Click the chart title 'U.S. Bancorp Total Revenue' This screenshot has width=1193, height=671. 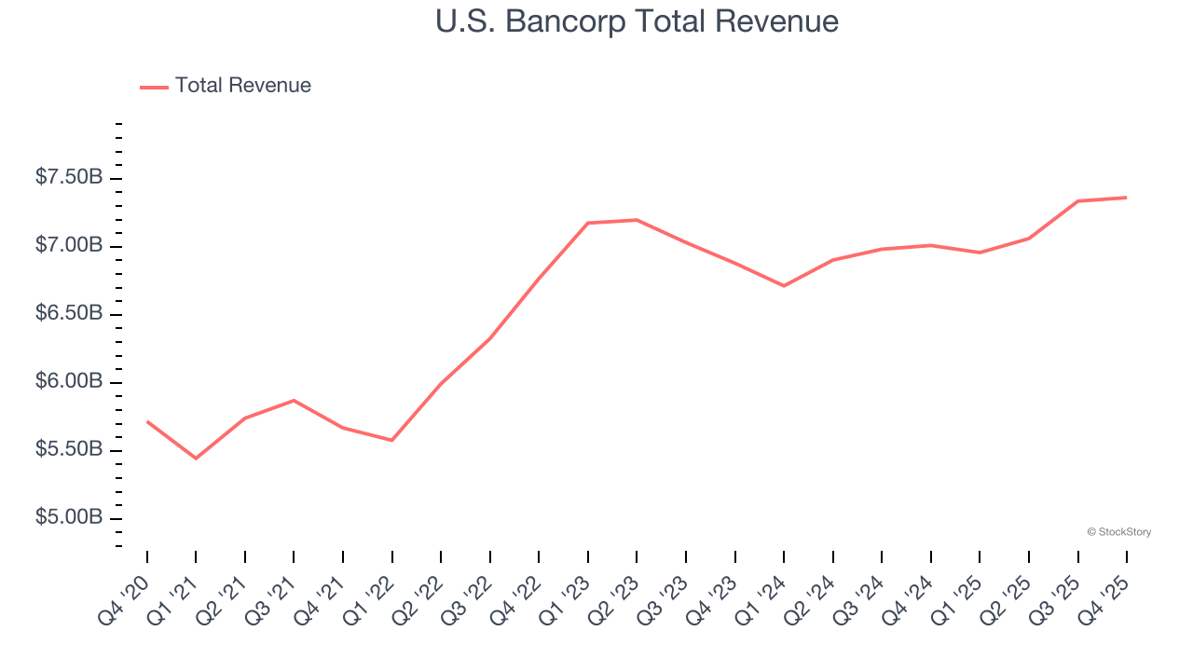[x=637, y=21]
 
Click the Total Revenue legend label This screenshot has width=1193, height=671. [x=242, y=86]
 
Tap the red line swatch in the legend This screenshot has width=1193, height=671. [x=154, y=87]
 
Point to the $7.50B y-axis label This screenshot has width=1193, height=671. [x=69, y=177]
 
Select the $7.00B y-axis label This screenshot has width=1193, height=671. [x=69, y=245]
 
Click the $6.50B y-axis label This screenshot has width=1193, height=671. [x=69, y=313]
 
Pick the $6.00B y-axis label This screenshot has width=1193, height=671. [x=69, y=381]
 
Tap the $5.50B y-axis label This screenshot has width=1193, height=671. [x=69, y=449]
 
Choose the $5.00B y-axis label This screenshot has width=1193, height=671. [x=69, y=517]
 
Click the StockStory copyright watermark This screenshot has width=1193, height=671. [x=1118, y=532]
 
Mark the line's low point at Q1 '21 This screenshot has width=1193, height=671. [x=196, y=459]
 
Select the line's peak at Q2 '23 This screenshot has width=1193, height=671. [x=637, y=220]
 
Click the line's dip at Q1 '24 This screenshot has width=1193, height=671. [x=784, y=286]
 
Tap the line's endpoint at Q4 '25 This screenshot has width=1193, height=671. [x=1126, y=198]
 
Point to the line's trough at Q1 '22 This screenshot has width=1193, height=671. [x=391, y=440]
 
